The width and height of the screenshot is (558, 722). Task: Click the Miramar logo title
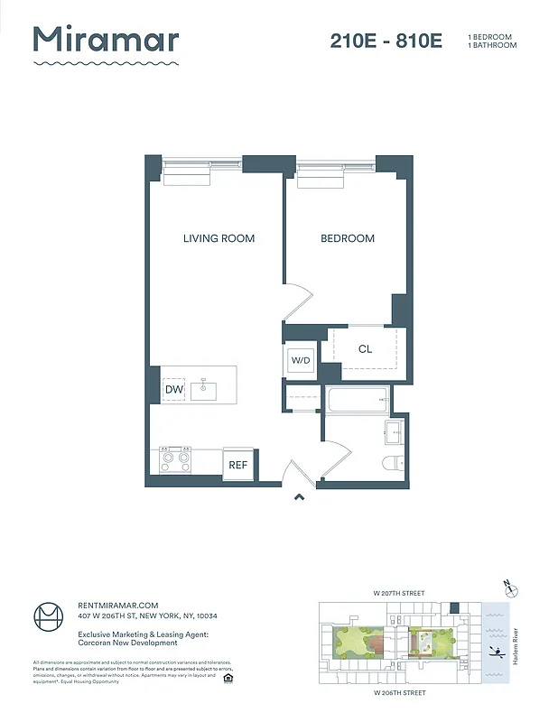106,41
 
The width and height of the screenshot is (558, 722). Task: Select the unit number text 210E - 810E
386,42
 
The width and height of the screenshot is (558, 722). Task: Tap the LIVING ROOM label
219,238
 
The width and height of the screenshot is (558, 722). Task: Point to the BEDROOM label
348,238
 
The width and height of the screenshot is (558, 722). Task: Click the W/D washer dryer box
300,360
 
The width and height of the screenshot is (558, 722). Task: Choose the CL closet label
365,349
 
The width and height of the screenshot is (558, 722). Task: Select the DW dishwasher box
174,389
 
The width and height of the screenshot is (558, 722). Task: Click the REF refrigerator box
237,465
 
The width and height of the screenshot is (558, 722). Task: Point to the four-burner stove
175,461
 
